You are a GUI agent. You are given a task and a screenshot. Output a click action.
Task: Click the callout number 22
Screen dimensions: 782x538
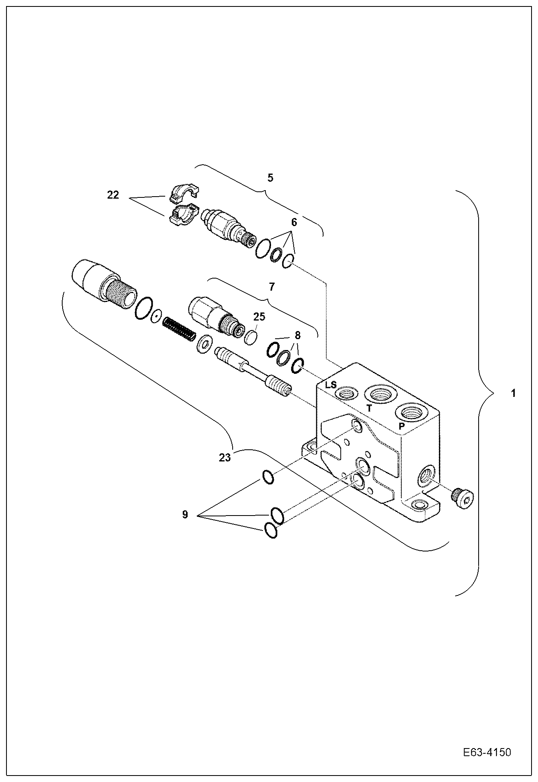tap(113, 195)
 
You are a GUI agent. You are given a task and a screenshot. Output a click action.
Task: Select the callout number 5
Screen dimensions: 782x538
tap(270, 177)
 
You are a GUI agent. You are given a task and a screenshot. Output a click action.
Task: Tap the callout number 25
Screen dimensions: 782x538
tap(259, 317)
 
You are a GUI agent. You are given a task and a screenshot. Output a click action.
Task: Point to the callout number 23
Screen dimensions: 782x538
tap(225, 457)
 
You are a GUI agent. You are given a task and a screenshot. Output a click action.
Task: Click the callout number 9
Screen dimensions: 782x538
tap(185, 515)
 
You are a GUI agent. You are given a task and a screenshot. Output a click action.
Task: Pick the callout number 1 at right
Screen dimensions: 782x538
tap(513, 393)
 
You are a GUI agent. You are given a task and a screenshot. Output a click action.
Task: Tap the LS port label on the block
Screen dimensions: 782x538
tap(331, 385)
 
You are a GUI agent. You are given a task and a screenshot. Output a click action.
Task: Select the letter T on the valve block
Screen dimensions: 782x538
tap(369, 408)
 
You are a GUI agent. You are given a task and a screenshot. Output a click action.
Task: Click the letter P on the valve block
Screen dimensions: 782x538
tap(401, 426)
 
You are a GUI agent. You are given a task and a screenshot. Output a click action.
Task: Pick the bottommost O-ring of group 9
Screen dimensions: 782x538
tap(271, 530)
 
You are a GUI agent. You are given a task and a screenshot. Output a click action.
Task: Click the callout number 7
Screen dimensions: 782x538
tap(271, 287)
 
